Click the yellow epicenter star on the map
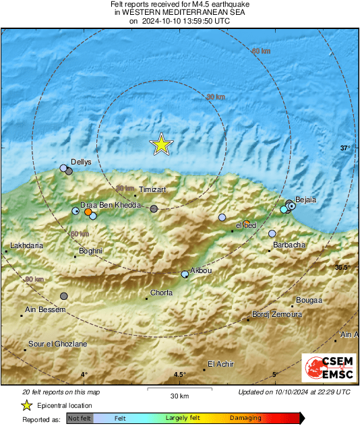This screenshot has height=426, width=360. click(161, 144)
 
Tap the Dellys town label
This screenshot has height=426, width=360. click(81, 162)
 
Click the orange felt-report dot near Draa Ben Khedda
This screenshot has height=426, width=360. click(88, 212)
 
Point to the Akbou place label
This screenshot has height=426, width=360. click(202, 270)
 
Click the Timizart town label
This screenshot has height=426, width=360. click(151, 191)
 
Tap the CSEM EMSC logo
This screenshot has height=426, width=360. click(325, 369)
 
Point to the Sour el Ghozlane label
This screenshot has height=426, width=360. click(57, 344)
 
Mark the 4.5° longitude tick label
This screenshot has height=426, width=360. click(179, 375)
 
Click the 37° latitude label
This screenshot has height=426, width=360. click(345, 148)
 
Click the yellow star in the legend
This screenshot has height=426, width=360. click(27, 405)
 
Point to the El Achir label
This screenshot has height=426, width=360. click(220, 364)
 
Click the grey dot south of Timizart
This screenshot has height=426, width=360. click(154, 210)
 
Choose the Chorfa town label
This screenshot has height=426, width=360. click(161, 293)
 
